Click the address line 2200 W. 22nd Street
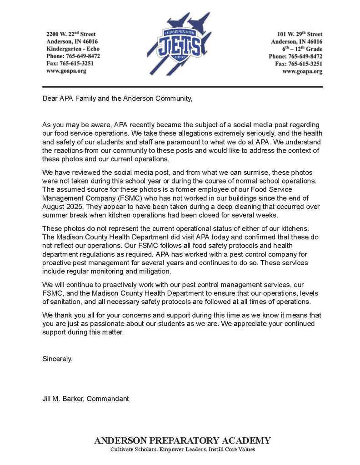pyautogui.click(x=71, y=34)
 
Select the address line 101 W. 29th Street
pyautogui.click(x=300, y=34)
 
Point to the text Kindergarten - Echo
pyautogui.click(x=73, y=49)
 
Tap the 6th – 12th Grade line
pyautogui.click(x=302, y=49)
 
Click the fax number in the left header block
pyautogui.click(x=70, y=64)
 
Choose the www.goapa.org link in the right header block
pyautogui.click(x=302, y=71)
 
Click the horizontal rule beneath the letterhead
pyautogui.click(x=182, y=86)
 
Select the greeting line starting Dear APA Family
pyautogui.click(x=117, y=99)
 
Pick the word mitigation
pyautogui.click(x=155, y=271)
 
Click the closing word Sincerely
pyautogui.click(x=57, y=358)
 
